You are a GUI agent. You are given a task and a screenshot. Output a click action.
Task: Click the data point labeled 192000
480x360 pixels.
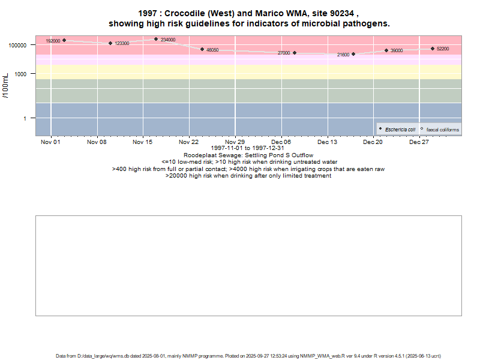[x=64, y=40]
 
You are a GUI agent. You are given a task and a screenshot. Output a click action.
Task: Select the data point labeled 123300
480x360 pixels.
[x=110, y=43]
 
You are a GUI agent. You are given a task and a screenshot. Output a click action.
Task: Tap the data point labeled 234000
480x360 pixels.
[x=156, y=39]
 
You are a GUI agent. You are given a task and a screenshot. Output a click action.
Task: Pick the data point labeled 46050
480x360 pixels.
[x=202, y=49]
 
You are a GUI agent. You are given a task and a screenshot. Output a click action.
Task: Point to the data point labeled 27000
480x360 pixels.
[x=295, y=53]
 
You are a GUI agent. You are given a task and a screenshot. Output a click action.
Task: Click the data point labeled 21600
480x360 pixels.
[x=353, y=54]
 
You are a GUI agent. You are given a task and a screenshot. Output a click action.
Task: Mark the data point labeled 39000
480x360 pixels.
[x=386, y=50]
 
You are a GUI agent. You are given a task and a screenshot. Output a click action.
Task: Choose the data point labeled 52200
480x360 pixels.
[x=432, y=49]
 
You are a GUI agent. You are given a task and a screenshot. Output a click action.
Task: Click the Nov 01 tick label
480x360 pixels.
[x=50, y=142]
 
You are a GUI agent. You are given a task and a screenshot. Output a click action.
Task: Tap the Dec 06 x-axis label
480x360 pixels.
[x=281, y=142]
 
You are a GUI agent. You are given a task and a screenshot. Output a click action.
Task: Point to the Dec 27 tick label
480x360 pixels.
[x=419, y=142]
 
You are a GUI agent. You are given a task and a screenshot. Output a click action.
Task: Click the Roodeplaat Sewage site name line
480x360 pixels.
[x=248, y=155]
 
